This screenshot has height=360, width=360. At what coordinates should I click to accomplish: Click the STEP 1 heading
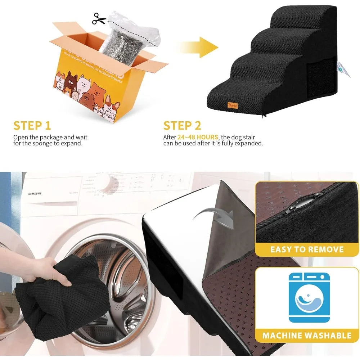tap(32, 126)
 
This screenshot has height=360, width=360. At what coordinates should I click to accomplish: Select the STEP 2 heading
tap(183, 126)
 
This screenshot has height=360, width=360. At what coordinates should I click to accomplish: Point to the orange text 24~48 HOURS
tap(198, 137)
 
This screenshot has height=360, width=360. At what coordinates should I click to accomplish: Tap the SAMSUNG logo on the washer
tap(35, 194)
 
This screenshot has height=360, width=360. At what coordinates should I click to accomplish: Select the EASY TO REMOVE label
tap(307, 249)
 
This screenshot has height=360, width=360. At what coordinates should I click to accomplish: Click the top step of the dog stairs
tap(317, 22)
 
